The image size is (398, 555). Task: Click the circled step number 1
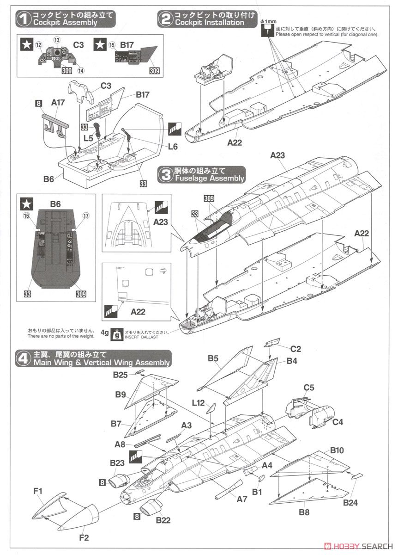[x=23, y=18]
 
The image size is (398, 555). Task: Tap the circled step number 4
[x=23, y=359]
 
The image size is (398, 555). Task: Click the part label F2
[x=84, y=537]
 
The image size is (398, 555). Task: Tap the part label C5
[x=309, y=387]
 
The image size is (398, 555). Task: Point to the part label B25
[x=121, y=375]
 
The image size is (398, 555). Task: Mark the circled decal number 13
[x=57, y=40]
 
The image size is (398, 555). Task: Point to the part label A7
[x=242, y=499]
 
